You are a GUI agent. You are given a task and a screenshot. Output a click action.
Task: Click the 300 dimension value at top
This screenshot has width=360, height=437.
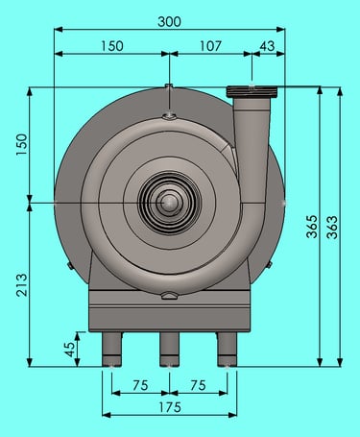[x=169, y=22]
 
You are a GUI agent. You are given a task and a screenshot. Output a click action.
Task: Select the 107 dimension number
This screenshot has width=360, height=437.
[x=210, y=46]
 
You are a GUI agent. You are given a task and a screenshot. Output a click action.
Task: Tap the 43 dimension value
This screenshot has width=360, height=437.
[x=267, y=46]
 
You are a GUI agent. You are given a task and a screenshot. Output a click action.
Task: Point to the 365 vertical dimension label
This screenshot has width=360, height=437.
[x=312, y=227]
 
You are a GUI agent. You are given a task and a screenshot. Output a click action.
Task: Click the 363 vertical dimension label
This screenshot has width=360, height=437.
[x=332, y=228]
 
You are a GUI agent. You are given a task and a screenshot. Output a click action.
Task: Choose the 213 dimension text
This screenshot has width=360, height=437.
[x=22, y=285]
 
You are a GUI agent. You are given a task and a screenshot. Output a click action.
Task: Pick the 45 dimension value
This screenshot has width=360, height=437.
[x=69, y=350]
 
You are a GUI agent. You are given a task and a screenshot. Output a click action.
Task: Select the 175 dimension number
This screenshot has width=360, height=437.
[x=170, y=407]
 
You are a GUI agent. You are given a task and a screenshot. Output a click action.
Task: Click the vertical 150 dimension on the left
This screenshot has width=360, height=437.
[x=22, y=144]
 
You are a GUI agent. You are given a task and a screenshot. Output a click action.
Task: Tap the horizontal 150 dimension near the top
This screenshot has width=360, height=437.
[x=112, y=46]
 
